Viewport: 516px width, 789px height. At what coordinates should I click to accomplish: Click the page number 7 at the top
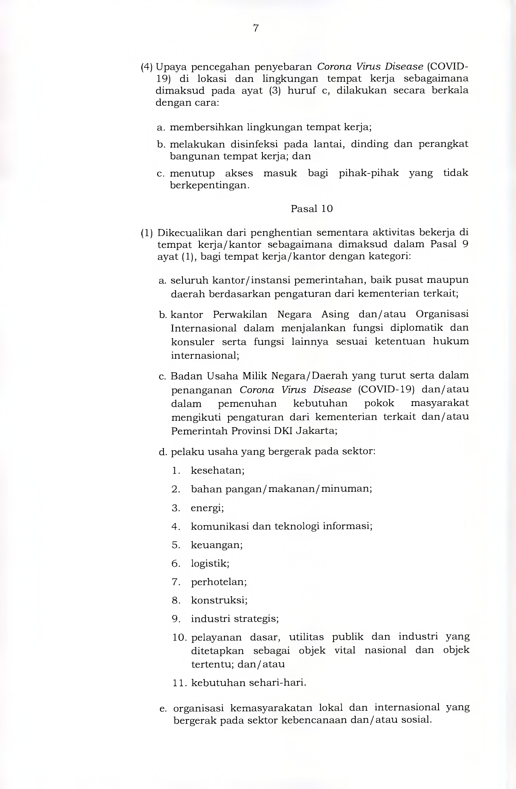click(x=256, y=28)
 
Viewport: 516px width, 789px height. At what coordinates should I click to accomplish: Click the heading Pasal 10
click(x=311, y=209)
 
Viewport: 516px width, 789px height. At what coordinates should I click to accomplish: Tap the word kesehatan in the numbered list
click(x=217, y=471)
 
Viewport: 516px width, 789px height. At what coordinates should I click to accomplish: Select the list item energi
click(x=207, y=508)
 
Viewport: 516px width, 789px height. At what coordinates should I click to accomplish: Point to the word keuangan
click(x=216, y=545)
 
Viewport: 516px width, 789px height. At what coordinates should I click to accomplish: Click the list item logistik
click(x=210, y=564)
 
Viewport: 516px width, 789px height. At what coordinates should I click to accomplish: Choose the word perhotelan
click(x=218, y=582)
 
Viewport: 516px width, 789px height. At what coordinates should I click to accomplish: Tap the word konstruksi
click(x=219, y=601)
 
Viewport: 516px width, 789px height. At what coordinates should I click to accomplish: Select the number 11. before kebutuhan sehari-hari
click(x=178, y=683)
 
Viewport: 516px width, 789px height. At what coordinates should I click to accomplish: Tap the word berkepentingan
click(x=209, y=186)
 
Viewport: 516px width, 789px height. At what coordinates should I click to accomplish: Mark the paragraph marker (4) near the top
click(x=146, y=67)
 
